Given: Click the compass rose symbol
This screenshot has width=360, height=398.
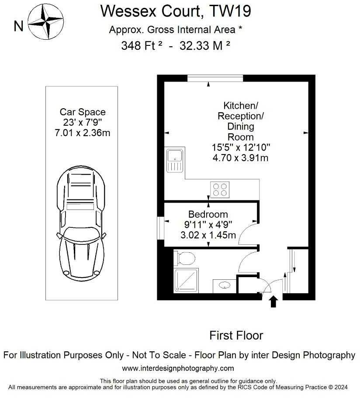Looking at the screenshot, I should (46, 21).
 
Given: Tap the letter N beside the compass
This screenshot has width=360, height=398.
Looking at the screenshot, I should (18, 26).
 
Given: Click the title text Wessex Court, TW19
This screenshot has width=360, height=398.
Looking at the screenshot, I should (176, 11).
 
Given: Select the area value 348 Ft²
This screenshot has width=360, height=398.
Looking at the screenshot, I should (142, 46).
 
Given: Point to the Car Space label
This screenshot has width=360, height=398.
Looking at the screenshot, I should (83, 112).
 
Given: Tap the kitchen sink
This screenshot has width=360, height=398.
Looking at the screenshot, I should (175, 161).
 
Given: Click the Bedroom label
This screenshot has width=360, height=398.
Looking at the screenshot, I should (208, 214).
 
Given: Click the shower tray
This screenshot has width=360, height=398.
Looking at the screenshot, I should (187, 280).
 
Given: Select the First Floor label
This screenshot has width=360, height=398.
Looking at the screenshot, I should (236, 335).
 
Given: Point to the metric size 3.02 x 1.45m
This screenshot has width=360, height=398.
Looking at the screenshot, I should (208, 235).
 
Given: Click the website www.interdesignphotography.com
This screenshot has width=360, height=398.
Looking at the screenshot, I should (178, 368).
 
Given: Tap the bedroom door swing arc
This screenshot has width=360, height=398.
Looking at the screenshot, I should (248, 231).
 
